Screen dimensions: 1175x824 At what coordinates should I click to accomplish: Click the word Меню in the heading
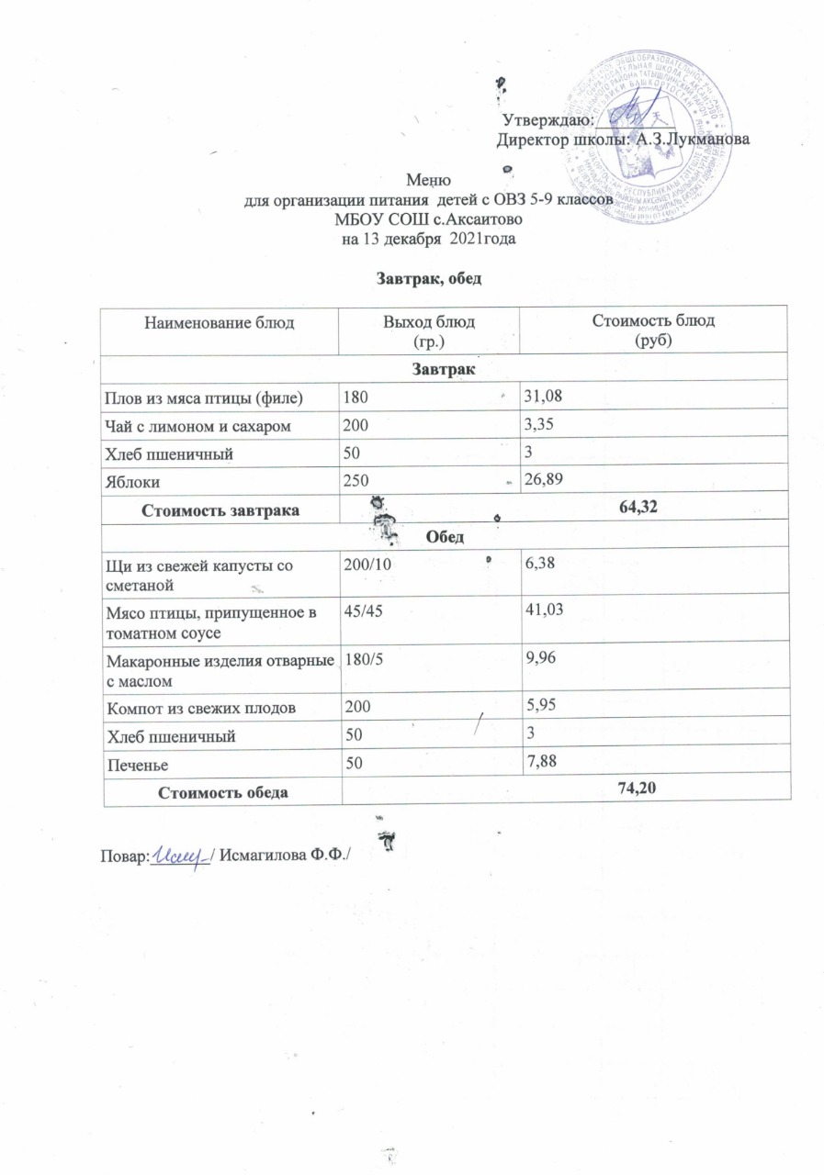(x=429, y=182)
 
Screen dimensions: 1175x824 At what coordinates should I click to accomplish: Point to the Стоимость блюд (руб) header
(x=655, y=329)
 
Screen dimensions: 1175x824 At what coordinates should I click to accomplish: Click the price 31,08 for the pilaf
(x=540, y=397)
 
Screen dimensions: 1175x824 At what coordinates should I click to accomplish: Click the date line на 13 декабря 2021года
(x=428, y=240)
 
